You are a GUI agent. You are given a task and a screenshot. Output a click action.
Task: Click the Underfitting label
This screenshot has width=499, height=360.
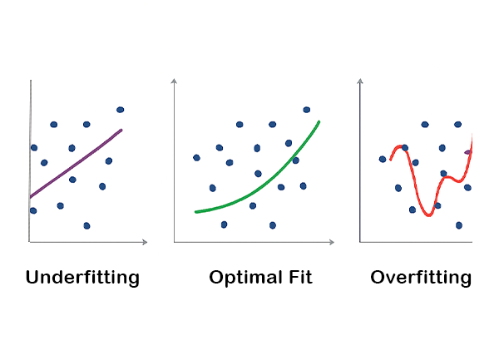tap(82, 278)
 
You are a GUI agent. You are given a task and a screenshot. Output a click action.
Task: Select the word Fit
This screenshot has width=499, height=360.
tap(297, 278)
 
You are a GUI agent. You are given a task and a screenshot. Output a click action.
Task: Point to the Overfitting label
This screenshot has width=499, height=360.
tap(421, 278)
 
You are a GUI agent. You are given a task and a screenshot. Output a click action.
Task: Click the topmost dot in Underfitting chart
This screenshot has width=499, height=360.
tap(121, 110)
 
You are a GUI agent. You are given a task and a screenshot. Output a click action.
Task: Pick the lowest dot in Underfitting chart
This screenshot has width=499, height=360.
tap(86, 225)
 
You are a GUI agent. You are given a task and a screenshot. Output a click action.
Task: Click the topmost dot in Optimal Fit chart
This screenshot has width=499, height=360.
tap(307, 110)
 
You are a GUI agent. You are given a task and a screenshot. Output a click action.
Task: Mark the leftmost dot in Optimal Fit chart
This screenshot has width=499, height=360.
tap(196, 157)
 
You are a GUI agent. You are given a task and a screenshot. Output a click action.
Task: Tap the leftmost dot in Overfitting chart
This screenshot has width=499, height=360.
tap(383, 159)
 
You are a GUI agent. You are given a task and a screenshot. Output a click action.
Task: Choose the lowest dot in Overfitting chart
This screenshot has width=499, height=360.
tap(459, 225)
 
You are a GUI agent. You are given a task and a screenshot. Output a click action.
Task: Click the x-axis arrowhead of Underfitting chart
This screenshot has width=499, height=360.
tap(146, 242)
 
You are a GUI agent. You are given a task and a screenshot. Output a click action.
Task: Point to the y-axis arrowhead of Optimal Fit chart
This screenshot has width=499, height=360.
tap(174, 81)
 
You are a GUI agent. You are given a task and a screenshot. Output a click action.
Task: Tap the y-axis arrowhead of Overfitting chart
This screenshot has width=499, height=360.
tap(360, 81)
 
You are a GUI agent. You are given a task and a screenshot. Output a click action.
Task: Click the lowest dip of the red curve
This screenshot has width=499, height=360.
tap(427, 215)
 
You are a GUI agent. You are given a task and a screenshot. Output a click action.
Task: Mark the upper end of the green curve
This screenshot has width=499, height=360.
tap(319, 122)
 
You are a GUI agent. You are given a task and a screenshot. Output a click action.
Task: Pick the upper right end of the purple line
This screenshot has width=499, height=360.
tap(121, 130)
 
